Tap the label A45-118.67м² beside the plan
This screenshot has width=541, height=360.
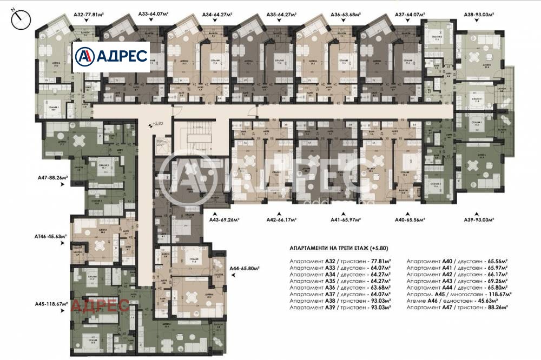pos(52,303)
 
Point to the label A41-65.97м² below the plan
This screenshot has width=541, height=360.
pos(347,220)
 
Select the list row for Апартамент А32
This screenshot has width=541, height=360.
pos(340,260)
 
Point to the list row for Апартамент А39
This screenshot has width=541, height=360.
pos(340,306)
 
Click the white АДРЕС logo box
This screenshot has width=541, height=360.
pos(111,57)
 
